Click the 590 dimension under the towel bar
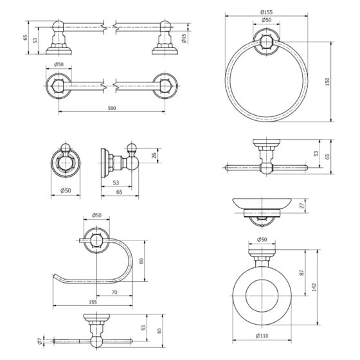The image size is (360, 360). [112, 108]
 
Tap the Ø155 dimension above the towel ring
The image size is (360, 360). [266, 12]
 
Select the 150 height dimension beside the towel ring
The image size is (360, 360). [328, 82]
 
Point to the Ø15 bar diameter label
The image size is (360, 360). [184, 39]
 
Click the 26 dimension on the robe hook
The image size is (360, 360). [154, 156]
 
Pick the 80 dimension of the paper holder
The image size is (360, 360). [141, 261]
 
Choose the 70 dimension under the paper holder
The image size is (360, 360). [114, 292]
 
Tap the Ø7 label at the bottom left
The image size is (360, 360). [39, 341]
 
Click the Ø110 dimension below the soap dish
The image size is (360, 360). [262, 336]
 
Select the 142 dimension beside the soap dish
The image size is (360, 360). [314, 287]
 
